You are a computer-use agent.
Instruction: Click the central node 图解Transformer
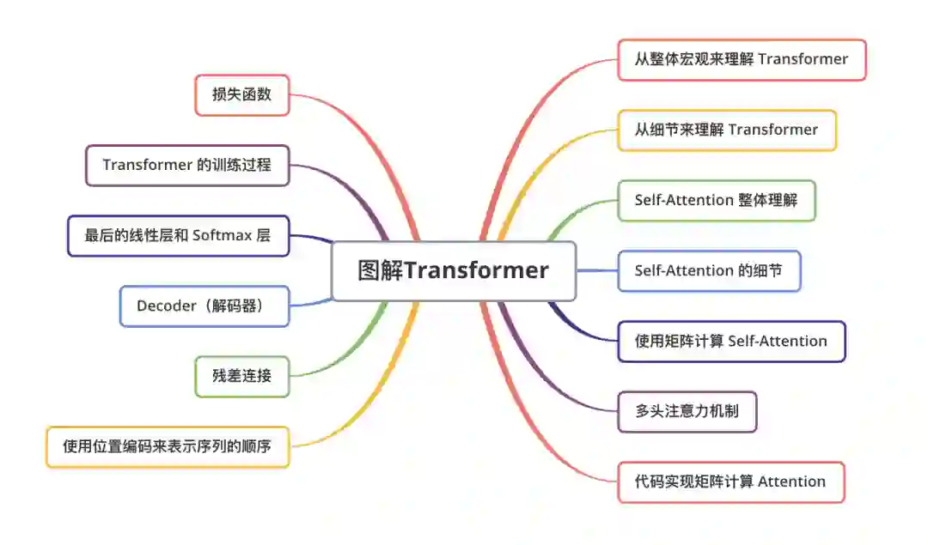[x=453, y=270]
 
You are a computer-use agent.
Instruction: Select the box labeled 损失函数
[x=241, y=94]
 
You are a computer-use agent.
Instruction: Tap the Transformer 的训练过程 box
[x=186, y=165]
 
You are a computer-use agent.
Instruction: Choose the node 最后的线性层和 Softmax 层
[x=178, y=235]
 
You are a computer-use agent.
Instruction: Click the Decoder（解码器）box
[x=204, y=306]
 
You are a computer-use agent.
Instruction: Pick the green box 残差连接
[x=241, y=376]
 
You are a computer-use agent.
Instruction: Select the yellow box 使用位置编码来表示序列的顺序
[x=167, y=446]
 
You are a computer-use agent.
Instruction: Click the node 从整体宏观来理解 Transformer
[x=741, y=59]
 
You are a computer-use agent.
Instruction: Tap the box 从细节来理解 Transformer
[x=726, y=130]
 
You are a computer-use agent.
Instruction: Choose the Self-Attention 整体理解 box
[x=716, y=200]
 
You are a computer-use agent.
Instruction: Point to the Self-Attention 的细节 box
[x=709, y=270]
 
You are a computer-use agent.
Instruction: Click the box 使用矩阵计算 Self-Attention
[x=731, y=341]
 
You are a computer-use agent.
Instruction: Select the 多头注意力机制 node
[x=687, y=411]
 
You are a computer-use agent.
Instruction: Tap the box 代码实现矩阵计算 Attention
[x=730, y=481]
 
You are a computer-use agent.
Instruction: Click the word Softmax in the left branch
[x=222, y=235]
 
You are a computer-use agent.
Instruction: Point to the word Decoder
[x=166, y=306]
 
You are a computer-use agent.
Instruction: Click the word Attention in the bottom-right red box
[x=791, y=481]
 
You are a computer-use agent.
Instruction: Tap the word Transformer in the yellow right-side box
[x=773, y=130]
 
